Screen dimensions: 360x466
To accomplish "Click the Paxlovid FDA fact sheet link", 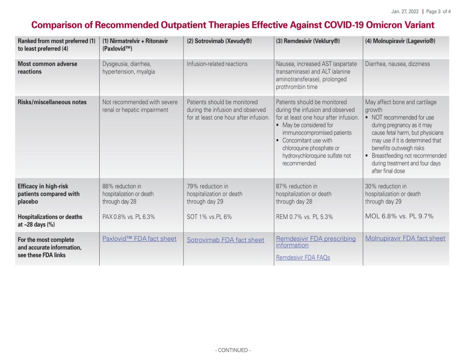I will [139, 238].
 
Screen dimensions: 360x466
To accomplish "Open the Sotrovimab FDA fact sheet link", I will [225, 240].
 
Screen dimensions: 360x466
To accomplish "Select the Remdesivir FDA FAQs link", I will [303, 258].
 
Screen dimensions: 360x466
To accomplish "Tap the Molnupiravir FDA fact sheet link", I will [405, 238].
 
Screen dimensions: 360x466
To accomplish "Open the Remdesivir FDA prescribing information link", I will [309, 242].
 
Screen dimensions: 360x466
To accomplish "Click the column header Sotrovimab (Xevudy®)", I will [219, 41].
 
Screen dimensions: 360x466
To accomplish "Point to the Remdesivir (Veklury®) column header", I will [308, 41].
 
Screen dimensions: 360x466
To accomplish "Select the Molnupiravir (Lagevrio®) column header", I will [400, 41].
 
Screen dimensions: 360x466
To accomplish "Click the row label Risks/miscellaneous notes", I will [52, 102].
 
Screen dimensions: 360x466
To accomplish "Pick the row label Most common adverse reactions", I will [47, 68].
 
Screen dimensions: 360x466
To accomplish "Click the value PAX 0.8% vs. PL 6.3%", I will [128, 217].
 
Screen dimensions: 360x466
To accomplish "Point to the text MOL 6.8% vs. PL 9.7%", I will [399, 216].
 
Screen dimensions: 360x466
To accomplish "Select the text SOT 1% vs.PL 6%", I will [209, 217].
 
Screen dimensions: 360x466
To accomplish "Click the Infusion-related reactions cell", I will [217, 64].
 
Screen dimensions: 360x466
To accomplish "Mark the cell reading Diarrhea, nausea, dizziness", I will [397, 64].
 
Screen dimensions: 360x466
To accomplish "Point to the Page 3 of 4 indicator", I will [438, 11].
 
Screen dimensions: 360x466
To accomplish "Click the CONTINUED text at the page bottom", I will [233, 350].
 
